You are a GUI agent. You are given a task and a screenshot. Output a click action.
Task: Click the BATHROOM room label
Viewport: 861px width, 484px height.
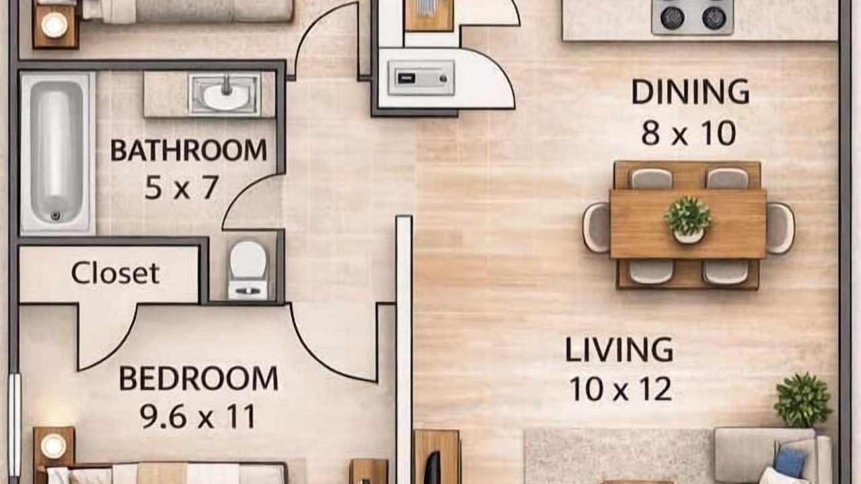[188, 150]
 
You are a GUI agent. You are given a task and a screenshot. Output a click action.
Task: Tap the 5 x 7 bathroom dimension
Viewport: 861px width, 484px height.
[182, 188]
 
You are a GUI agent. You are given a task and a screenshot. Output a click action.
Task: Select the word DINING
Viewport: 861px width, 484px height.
[690, 91]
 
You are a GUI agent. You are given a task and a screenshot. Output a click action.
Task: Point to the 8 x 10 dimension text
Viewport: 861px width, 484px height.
[688, 133]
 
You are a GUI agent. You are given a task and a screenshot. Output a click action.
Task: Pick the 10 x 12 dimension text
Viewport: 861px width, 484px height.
[621, 389]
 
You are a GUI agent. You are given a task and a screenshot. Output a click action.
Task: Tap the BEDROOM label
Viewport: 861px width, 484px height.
[198, 378]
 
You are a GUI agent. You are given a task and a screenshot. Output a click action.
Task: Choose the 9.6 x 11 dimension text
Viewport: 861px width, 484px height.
[198, 417]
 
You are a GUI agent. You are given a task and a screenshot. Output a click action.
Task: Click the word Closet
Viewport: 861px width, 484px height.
[115, 273]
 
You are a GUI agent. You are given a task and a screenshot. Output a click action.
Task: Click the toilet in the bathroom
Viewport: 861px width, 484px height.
[248, 269]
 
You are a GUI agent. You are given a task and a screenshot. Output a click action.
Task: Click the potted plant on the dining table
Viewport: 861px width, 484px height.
[688, 220]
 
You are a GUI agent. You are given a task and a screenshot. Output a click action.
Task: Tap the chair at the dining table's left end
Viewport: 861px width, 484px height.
[596, 227]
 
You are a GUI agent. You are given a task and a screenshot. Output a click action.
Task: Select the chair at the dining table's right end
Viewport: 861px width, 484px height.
[780, 228]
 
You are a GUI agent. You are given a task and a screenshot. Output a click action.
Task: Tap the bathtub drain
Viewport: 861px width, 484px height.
[56, 216]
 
